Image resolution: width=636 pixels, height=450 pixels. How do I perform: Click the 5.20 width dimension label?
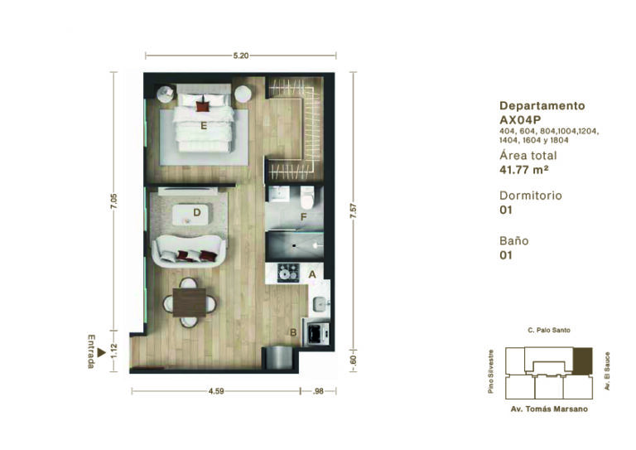click(241, 56)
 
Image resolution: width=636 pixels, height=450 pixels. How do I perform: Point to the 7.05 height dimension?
click(114, 201)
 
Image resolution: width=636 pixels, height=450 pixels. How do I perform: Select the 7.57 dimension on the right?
click(354, 211)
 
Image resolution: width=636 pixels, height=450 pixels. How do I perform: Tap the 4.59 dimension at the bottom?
click(216, 391)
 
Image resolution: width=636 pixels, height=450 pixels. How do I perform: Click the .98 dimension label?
click(318, 391)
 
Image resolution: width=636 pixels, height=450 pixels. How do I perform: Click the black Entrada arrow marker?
click(101, 353)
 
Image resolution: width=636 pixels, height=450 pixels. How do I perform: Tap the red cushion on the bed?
click(202, 106)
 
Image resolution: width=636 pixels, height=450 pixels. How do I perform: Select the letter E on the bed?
click(204, 126)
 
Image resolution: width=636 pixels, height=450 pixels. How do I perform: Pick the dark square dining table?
click(190, 302)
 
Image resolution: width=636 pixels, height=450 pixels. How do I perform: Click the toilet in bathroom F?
click(307, 196)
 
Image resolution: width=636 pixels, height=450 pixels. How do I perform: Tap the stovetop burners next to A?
click(288, 273)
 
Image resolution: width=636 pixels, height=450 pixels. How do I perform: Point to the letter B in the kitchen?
click(293, 332)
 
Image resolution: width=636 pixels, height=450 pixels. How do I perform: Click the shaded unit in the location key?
click(582, 360)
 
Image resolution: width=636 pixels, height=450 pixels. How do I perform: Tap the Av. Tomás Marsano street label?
click(549, 409)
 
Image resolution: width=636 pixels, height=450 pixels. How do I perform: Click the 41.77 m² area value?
click(524, 170)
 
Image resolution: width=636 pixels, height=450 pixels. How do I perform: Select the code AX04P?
click(520, 119)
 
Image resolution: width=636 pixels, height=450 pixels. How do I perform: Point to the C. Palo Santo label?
click(549, 331)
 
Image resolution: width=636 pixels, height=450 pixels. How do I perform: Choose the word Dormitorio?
click(531, 196)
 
